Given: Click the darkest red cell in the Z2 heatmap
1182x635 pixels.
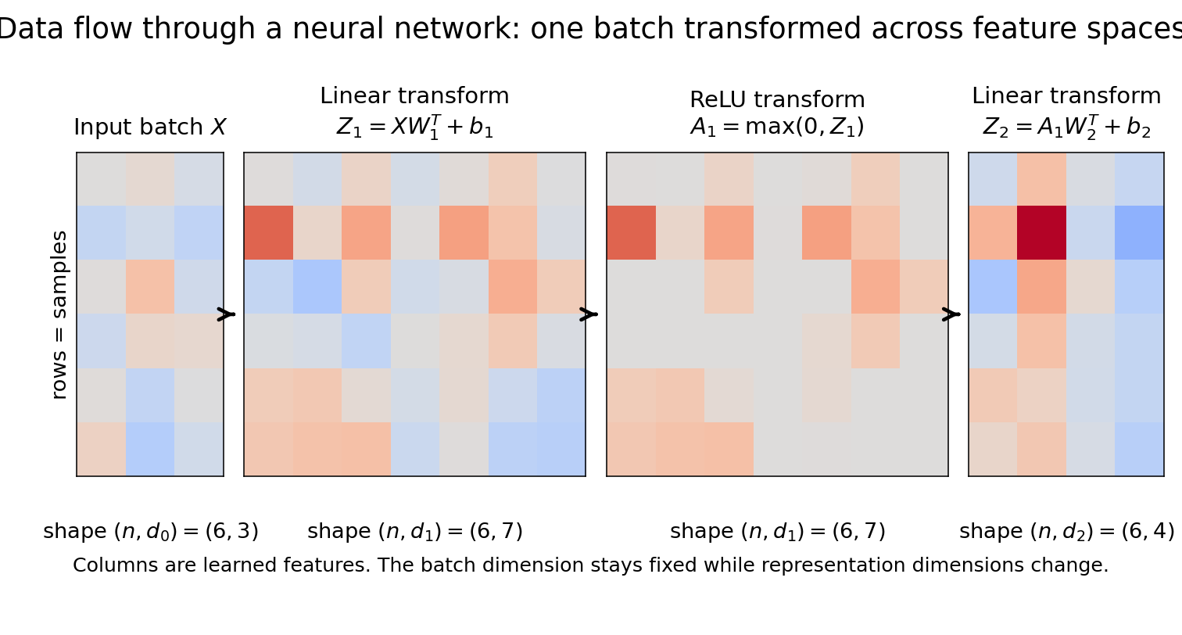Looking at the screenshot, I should point(1041,232).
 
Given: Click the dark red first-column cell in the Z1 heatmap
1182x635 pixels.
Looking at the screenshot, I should point(269,232).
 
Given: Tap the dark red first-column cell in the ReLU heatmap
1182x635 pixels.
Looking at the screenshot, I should point(631,232).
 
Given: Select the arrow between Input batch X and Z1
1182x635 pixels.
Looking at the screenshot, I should point(226,314).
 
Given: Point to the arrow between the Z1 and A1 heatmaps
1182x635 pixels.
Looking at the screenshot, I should point(589,314).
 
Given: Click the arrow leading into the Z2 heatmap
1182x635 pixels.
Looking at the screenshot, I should point(951,314).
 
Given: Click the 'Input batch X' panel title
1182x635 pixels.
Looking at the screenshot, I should point(149,127).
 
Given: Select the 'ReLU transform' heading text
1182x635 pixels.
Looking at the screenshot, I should point(777,100).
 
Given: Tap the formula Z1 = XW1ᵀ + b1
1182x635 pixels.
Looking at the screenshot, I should point(414,127).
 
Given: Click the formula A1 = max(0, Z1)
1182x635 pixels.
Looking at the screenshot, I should point(777,127).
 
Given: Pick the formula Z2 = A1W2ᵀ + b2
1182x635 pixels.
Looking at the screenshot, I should point(1066,127).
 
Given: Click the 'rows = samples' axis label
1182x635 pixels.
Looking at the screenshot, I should point(59,314).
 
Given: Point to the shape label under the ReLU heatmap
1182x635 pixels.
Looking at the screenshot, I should point(777,532).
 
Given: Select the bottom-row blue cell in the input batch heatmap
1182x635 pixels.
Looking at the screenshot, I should point(150,449).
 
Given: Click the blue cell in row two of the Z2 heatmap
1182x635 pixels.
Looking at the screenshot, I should point(1139,232).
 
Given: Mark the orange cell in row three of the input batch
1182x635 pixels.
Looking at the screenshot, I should point(150,286).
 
